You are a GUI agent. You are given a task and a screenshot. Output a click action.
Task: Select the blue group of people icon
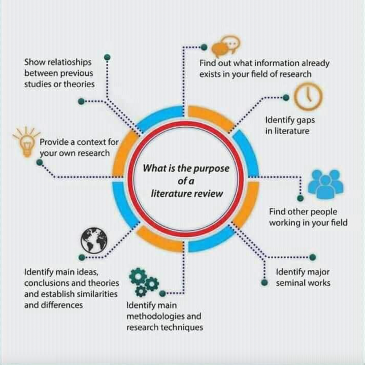325,185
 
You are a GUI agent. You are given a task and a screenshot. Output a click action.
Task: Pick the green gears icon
143,282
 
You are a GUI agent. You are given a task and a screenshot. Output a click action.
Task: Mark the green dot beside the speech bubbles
204,47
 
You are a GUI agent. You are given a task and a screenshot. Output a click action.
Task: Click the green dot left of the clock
286,97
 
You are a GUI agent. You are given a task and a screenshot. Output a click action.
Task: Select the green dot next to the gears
163,293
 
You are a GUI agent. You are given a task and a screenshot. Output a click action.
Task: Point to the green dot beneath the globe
81,257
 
